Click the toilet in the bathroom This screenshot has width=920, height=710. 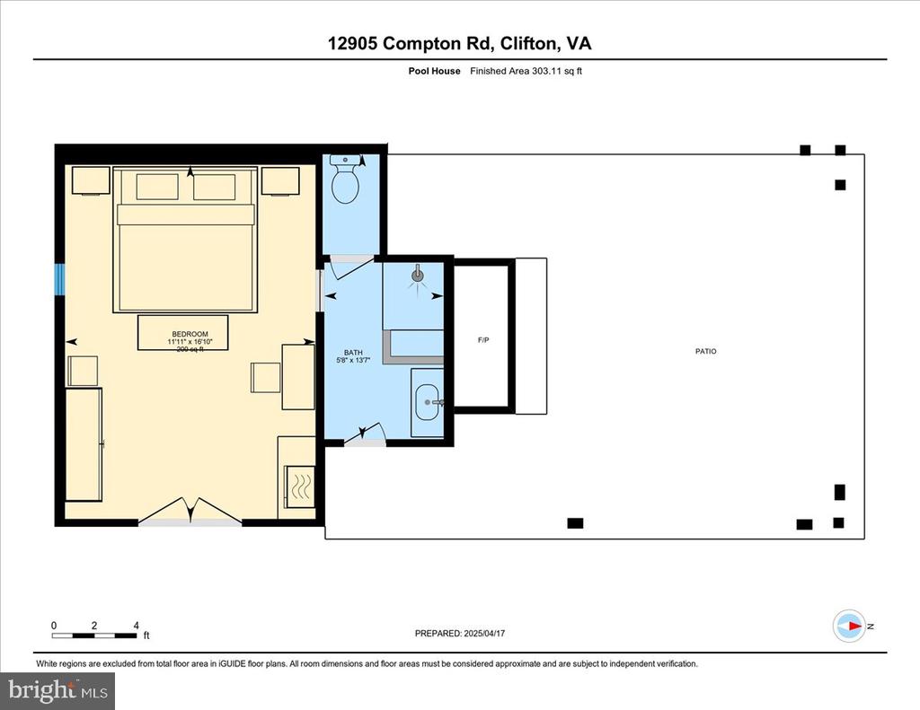tap(345, 179)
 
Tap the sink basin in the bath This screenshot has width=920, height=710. tap(427, 403)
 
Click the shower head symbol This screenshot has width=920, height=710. tap(418, 274)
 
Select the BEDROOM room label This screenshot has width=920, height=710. tap(190, 334)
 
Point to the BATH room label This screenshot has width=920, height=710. tap(353, 353)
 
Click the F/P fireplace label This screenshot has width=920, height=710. tap(483, 340)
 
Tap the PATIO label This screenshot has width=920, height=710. tap(706, 351)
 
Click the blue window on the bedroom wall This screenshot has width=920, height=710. tap(59, 280)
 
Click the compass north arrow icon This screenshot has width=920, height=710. tap(850, 627)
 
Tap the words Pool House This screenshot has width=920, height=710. tap(434, 71)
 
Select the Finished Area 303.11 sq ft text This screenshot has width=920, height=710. tap(526, 71)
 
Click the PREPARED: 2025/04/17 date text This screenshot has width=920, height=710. tap(460, 633)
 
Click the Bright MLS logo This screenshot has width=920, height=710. tap(57, 690)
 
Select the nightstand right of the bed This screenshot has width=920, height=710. tap(280, 181)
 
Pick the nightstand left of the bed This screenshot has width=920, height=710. tap(91, 180)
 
